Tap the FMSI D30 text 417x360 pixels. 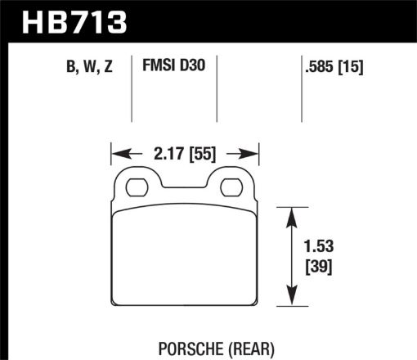173,69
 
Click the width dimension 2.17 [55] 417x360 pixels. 185,151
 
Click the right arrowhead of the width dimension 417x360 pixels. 253,152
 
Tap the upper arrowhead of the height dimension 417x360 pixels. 290,214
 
